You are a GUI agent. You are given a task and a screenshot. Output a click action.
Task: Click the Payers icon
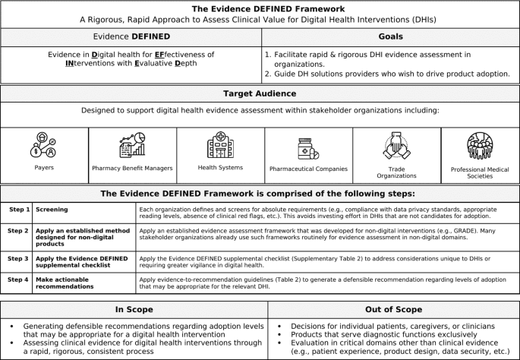tap(43, 144)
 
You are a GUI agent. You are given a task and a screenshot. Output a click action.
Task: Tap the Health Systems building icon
tap(220, 146)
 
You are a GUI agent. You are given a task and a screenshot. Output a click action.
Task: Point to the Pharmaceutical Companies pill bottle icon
tap(308, 147)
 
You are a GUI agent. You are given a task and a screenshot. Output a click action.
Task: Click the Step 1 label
tap(19, 209)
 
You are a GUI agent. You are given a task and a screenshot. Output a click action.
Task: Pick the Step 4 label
tap(19, 279)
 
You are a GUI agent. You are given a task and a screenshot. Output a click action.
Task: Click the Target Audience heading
tap(260, 93)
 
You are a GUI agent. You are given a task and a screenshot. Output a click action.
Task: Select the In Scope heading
tap(133, 309)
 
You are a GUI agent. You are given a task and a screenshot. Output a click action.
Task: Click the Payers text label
tap(43, 168)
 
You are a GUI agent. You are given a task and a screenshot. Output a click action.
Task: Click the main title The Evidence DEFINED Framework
tap(260, 9)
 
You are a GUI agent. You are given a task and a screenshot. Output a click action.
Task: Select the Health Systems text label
tap(220, 168)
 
